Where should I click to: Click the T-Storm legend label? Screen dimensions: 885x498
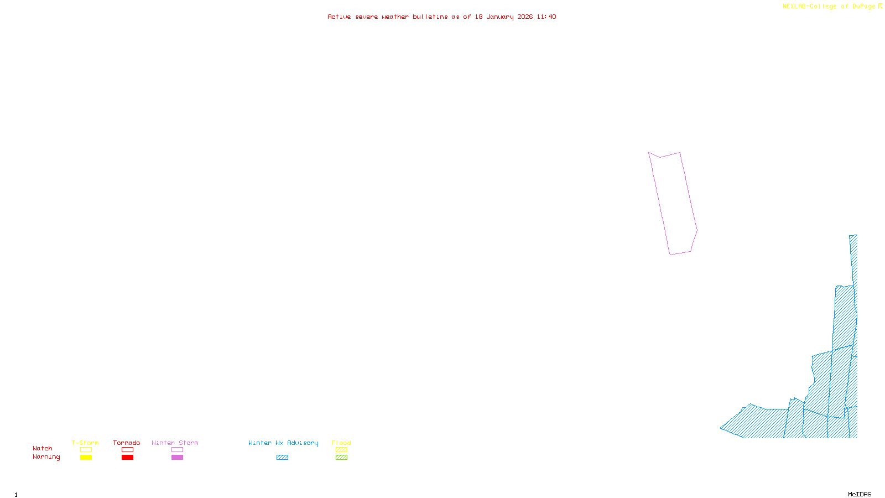point(85,443)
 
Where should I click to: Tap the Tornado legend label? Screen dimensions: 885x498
point(127,443)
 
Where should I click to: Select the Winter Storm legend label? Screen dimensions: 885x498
point(175,443)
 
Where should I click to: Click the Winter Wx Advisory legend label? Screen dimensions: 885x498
point(283,443)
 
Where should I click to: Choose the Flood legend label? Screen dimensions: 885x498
point(341,443)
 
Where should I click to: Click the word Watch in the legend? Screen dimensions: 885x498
point(43,448)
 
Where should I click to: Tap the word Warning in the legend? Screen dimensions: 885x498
point(46,457)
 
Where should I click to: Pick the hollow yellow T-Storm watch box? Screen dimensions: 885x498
point(86,450)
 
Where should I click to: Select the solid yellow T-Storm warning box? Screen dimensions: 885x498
point(86,458)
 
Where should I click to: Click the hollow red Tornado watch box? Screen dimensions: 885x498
point(127,450)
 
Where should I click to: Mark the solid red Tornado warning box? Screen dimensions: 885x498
point(127,458)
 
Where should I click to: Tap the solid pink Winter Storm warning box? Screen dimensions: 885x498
point(177,458)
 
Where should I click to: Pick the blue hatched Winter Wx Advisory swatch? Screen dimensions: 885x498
point(282,458)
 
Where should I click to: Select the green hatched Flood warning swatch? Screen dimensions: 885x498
point(341,458)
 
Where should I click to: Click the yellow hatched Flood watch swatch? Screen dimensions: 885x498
point(341,450)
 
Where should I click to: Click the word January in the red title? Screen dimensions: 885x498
point(500,17)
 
